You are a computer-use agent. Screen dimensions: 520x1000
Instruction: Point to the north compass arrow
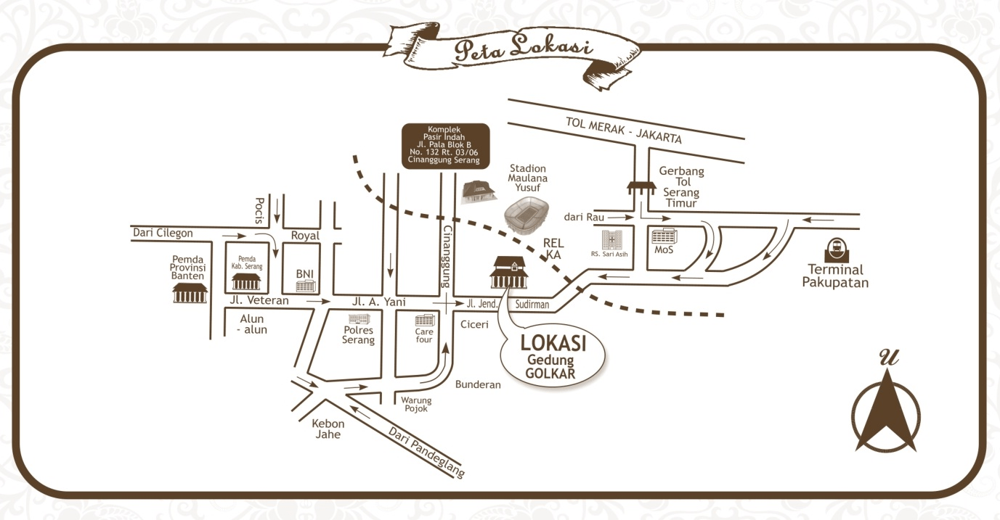[886, 410]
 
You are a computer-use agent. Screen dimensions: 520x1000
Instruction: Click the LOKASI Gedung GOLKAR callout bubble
[553, 356]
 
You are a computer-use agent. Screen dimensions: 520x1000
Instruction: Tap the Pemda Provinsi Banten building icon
[190, 292]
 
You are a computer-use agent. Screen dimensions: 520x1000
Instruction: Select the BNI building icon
[305, 286]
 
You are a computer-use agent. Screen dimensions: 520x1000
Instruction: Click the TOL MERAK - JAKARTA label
[624, 129]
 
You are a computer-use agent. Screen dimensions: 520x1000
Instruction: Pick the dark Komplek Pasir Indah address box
[446, 145]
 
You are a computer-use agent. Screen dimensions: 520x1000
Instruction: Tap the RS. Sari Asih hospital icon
[610, 239]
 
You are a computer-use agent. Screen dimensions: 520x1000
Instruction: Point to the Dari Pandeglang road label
[426, 451]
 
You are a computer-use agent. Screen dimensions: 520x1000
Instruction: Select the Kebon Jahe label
[328, 429]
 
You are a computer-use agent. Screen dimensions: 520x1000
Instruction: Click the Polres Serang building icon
[359, 319]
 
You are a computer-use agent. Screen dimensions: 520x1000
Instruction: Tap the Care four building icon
[424, 321]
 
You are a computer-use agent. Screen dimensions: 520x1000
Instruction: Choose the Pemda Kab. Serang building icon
[245, 281]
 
